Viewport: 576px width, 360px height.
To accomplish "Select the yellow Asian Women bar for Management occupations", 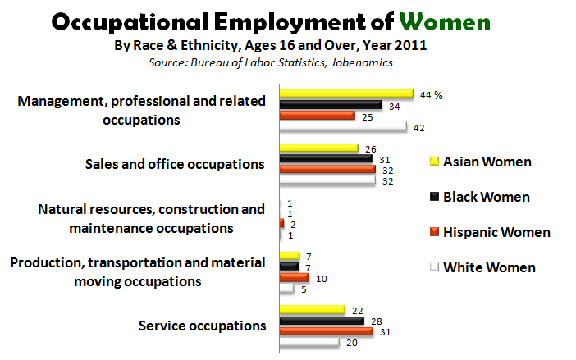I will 345,94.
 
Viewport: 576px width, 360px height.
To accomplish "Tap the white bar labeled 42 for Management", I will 342,127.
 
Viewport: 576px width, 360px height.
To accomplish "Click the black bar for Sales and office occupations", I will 325,158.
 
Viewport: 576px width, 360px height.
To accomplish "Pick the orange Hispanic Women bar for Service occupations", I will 326,331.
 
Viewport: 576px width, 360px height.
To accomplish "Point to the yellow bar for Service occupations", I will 311,309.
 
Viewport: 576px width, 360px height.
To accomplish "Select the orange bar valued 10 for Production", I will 294,277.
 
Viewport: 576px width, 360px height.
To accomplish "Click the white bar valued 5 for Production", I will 286,289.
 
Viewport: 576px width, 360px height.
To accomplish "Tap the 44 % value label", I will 431,95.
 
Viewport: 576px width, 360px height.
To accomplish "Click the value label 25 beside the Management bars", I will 368,116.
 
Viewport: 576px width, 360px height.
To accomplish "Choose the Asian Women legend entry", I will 487,162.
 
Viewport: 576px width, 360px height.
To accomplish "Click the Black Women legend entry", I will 486,197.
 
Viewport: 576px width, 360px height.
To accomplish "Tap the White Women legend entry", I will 489,267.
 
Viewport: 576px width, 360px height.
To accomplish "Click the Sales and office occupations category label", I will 175,163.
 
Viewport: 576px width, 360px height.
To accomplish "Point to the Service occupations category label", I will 202,325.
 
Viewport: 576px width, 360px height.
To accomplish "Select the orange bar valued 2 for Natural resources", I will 281,223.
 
